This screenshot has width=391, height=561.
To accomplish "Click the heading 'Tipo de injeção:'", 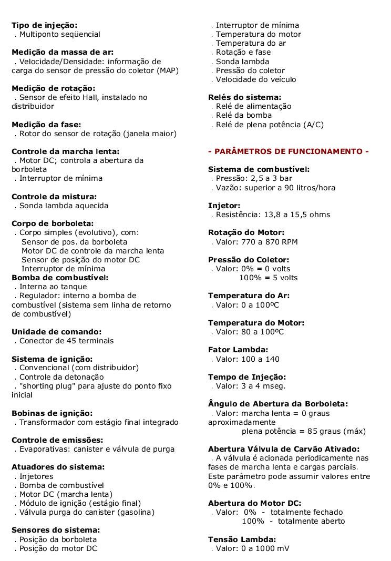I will tap(44, 25).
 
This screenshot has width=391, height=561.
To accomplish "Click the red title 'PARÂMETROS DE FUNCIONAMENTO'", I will tap(289, 151).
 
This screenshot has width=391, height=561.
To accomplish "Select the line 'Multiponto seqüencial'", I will tap(60, 34).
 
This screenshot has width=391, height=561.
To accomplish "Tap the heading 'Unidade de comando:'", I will tap(56, 332).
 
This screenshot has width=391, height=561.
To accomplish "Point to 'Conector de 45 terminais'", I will tap(66, 341).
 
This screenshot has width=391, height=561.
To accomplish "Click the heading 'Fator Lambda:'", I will tap(238, 350).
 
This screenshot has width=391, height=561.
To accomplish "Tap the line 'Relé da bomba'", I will tap(244, 115).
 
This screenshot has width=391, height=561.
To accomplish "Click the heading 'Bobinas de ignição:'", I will tap(52, 413).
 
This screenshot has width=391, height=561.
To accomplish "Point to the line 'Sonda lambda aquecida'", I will tap(64, 206).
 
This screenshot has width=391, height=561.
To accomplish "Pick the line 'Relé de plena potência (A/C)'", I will tap(270, 125).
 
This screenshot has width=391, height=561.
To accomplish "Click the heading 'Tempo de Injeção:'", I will tap(247, 377).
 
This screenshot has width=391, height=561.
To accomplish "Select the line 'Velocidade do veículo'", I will tap(256, 79).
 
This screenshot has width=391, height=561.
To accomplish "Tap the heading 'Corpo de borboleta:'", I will tap(53, 223).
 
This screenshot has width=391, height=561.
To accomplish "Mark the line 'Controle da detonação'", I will tap(61, 377).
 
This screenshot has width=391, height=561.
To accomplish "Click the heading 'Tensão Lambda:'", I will tap(242, 539).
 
